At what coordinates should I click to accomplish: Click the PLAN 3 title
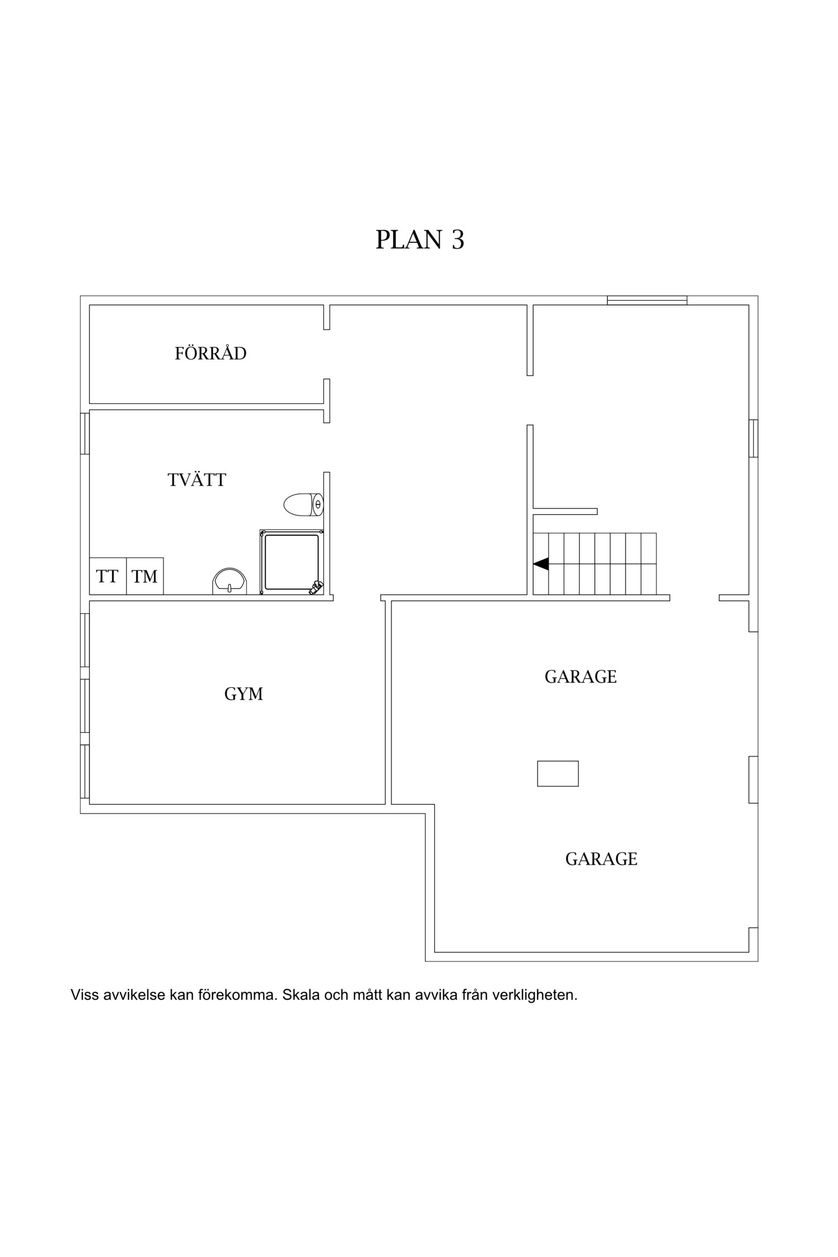click(420, 239)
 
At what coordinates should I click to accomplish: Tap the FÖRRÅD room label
click(211, 354)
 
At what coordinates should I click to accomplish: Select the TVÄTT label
click(197, 480)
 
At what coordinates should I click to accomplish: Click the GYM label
click(244, 694)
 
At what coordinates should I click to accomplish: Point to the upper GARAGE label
click(580, 677)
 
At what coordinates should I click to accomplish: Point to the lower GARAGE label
click(601, 859)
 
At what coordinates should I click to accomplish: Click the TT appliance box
click(107, 576)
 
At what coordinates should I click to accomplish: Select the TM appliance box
click(145, 576)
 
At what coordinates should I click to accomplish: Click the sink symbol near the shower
click(230, 582)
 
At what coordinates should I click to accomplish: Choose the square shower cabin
click(291, 562)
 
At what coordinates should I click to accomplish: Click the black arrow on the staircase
click(541, 564)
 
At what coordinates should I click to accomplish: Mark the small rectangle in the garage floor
click(558, 774)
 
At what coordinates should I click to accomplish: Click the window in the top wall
click(647, 301)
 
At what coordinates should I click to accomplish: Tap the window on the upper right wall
click(753, 438)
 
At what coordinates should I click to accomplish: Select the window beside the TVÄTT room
click(85, 433)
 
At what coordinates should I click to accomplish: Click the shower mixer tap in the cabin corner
click(316, 587)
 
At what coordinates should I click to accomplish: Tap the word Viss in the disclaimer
click(84, 995)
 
